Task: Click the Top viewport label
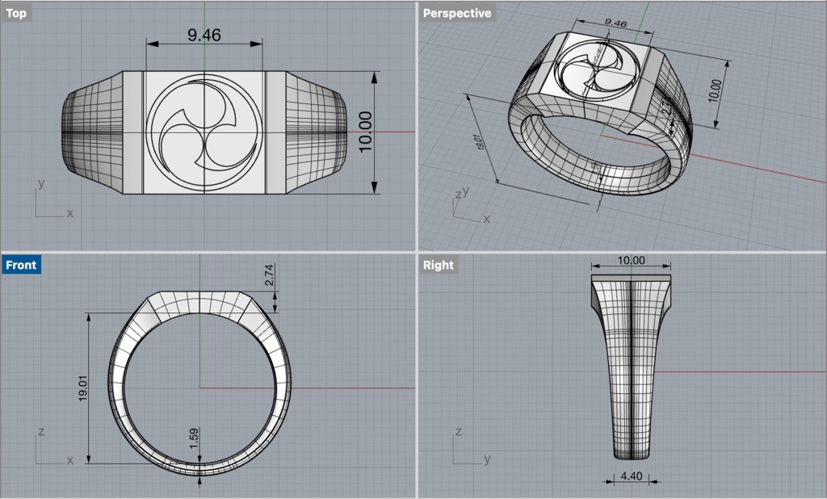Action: (16, 13)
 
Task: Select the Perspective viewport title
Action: (456, 13)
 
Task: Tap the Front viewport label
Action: (21, 265)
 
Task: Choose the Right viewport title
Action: (438, 265)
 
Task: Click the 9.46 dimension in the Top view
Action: (204, 35)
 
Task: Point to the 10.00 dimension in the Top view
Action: (364, 132)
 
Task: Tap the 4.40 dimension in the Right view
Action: (632, 477)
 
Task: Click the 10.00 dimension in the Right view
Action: (631, 260)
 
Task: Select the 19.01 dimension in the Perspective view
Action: (481, 143)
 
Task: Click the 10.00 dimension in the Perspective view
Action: (712, 90)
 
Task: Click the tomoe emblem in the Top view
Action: (204, 132)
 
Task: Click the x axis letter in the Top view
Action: (69, 214)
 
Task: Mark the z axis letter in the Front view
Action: (40, 432)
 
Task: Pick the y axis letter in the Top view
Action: (40, 183)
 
